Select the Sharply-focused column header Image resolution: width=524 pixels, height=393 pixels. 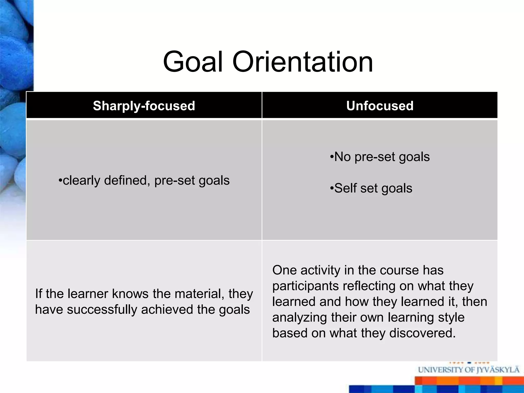144,106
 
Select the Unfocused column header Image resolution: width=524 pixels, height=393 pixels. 380,106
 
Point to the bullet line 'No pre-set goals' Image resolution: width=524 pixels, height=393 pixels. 380,157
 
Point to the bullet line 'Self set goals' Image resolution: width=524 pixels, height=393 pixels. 371,188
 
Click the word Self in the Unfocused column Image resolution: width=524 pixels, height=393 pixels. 345,188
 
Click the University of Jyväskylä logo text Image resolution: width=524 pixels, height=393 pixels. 468,370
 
